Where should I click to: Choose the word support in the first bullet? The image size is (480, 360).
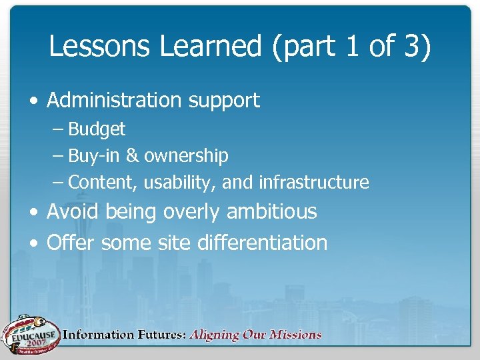pyautogui.click(x=223, y=101)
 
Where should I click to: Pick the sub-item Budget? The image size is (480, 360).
pyautogui.click(x=97, y=129)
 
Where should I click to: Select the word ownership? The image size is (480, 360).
pyautogui.click(x=186, y=156)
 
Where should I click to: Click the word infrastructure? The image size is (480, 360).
pyautogui.click(x=313, y=182)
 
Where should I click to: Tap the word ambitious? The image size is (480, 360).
pyautogui.click(x=271, y=212)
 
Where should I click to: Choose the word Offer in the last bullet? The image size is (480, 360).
pyautogui.click(x=71, y=243)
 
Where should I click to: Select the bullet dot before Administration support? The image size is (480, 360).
pyautogui.click(x=33, y=101)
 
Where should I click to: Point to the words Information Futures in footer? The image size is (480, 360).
pyautogui.click(x=124, y=335)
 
